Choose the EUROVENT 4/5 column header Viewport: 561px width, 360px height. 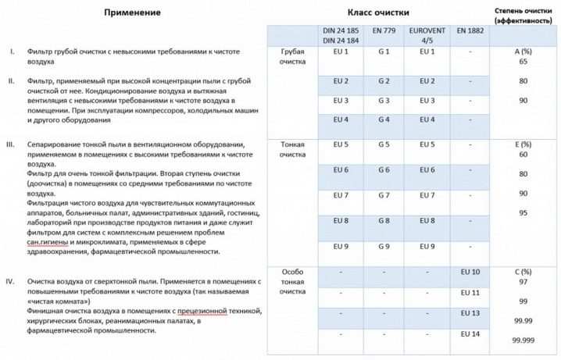(427, 35)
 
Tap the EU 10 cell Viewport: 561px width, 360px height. (470, 271)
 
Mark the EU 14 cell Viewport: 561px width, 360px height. (470, 334)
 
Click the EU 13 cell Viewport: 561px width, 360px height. (470, 312)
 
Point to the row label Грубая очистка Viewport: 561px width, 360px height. (292, 56)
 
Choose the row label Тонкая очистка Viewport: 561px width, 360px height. (292, 149)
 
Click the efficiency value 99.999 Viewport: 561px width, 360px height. (523, 340)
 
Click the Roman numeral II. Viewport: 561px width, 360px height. (12, 81)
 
